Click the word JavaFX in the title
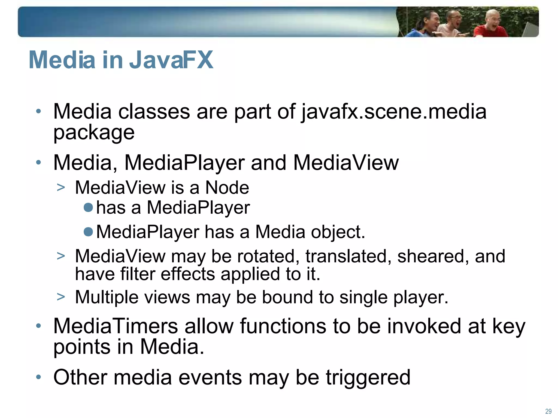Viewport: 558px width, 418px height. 171,60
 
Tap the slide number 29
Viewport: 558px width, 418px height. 548,411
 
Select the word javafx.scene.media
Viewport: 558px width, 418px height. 394,112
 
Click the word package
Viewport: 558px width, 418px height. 94,133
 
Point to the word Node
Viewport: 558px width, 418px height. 227,188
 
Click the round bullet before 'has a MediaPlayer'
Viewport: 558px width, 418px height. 88,208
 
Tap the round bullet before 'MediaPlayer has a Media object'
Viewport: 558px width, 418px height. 88,232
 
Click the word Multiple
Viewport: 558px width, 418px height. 107,297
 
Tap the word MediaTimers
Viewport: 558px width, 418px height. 116,326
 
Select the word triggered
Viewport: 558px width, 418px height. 368,378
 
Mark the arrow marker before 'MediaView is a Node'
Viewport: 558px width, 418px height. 61,188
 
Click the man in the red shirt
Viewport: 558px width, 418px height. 490,26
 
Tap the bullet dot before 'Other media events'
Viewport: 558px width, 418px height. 39,377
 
